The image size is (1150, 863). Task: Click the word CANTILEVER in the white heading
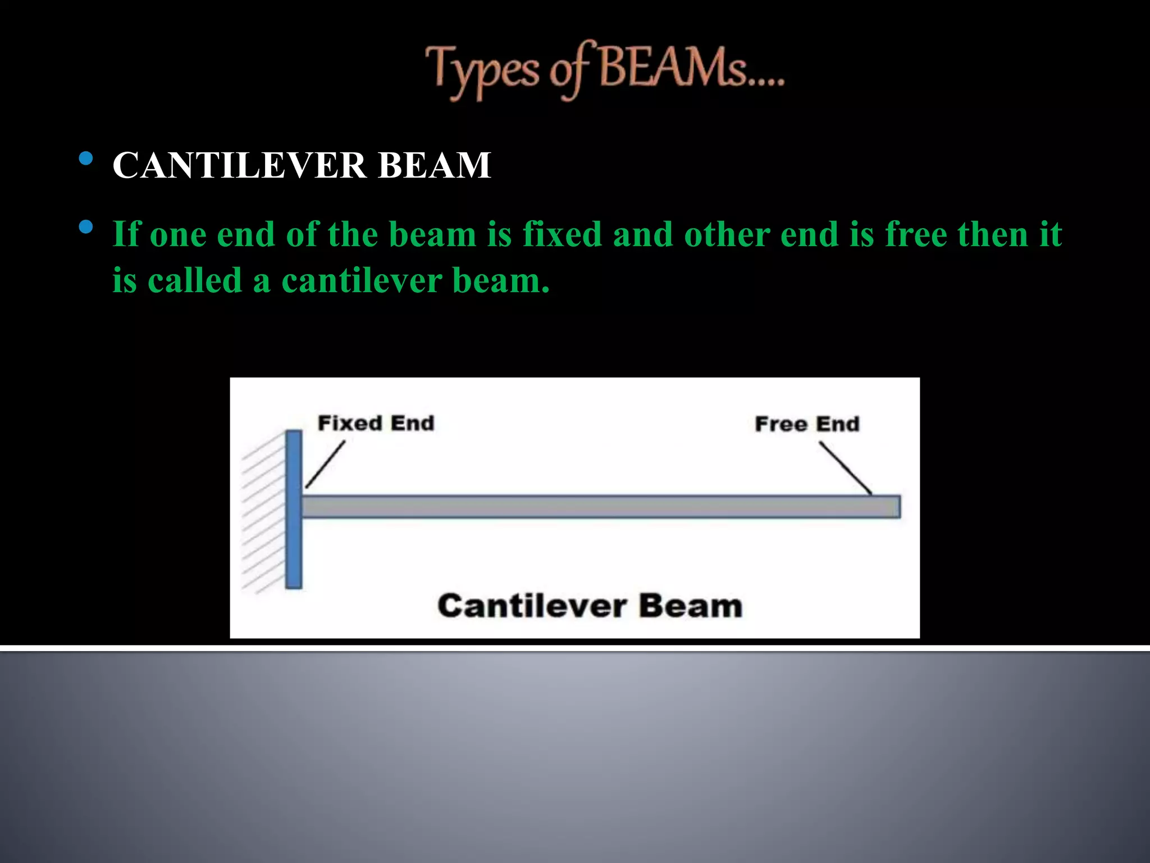coord(239,165)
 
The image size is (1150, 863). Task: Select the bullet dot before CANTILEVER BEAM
coord(86,158)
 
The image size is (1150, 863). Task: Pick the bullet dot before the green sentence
coord(86,227)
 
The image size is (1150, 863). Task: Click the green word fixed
coord(562,234)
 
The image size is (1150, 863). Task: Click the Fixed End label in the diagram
coord(376,423)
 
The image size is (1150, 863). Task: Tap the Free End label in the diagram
coord(807,424)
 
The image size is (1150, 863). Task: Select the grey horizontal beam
coord(601,507)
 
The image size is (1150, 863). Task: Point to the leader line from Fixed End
coord(325,464)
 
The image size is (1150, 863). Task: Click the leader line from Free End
coord(845,468)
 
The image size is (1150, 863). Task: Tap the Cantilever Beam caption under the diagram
coord(590,606)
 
